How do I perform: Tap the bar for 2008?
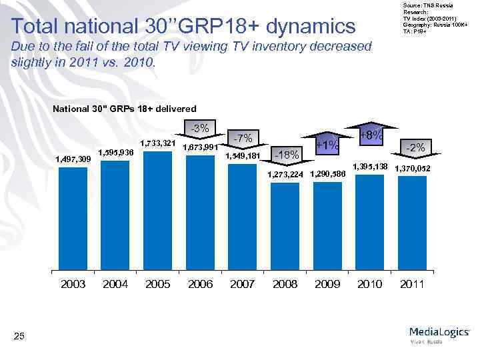point(285,227)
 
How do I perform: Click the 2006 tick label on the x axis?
point(200,284)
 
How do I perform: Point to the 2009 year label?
point(327,284)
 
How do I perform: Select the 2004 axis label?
point(115,284)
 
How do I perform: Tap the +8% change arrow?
point(371,137)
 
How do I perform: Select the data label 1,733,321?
point(157,143)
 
